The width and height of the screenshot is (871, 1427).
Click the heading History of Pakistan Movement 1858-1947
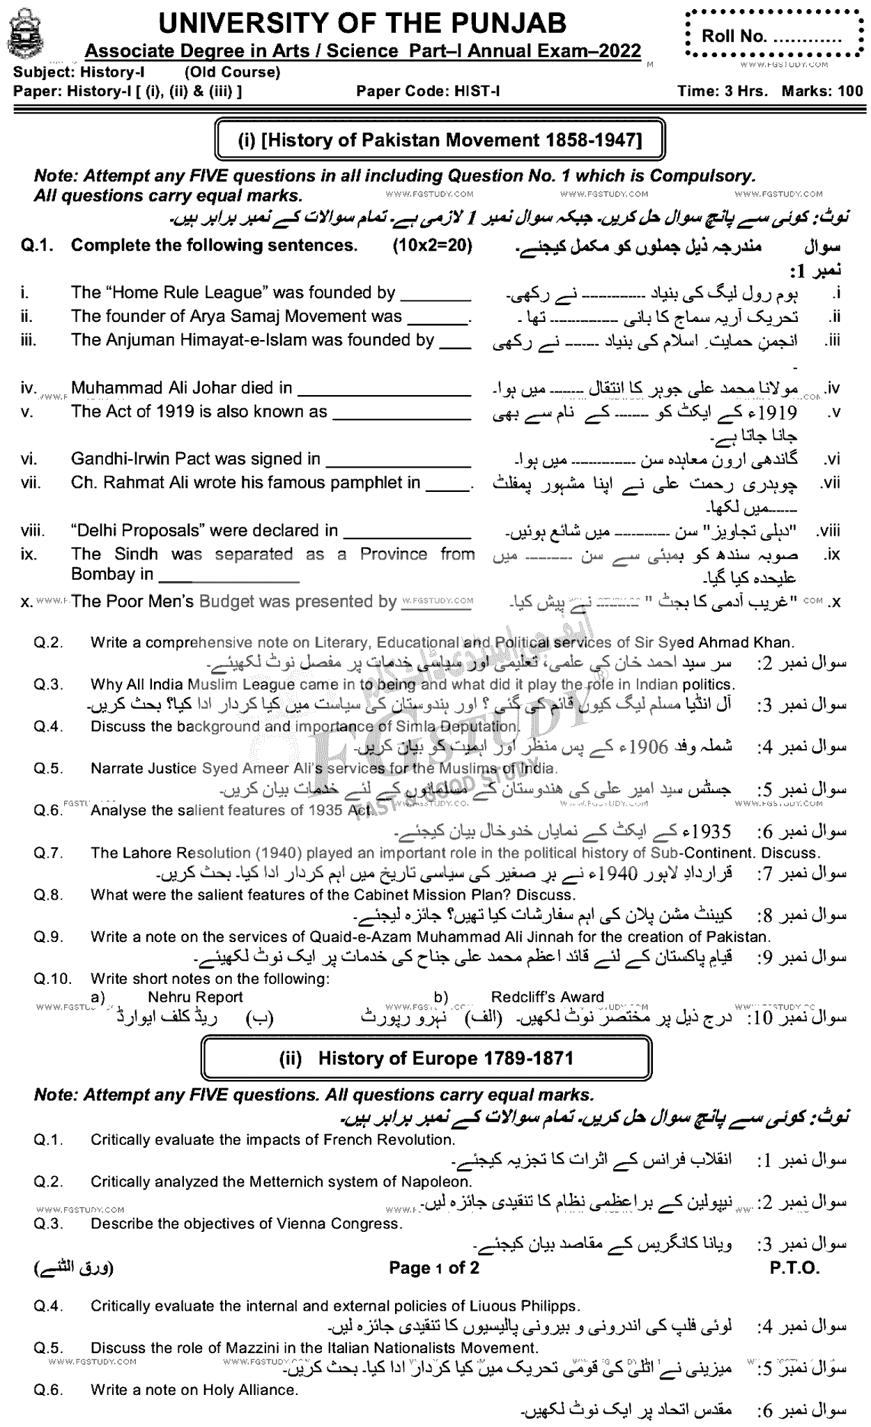(x=440, y=140)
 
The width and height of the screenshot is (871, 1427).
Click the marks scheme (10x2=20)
(x=433, y=245)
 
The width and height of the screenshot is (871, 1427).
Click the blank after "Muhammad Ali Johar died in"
(x=384, y=390)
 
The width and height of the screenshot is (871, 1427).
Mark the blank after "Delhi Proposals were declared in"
(x=408, y=532)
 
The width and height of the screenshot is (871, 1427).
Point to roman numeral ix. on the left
(x=29, y=555)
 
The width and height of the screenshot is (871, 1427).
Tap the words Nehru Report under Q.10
(x=195, y=997)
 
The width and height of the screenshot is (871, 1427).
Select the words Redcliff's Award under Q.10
(x=547, y=997)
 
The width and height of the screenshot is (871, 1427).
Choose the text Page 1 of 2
(x=434, y=1267)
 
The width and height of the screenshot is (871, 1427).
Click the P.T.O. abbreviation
(x=794, y=1267)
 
